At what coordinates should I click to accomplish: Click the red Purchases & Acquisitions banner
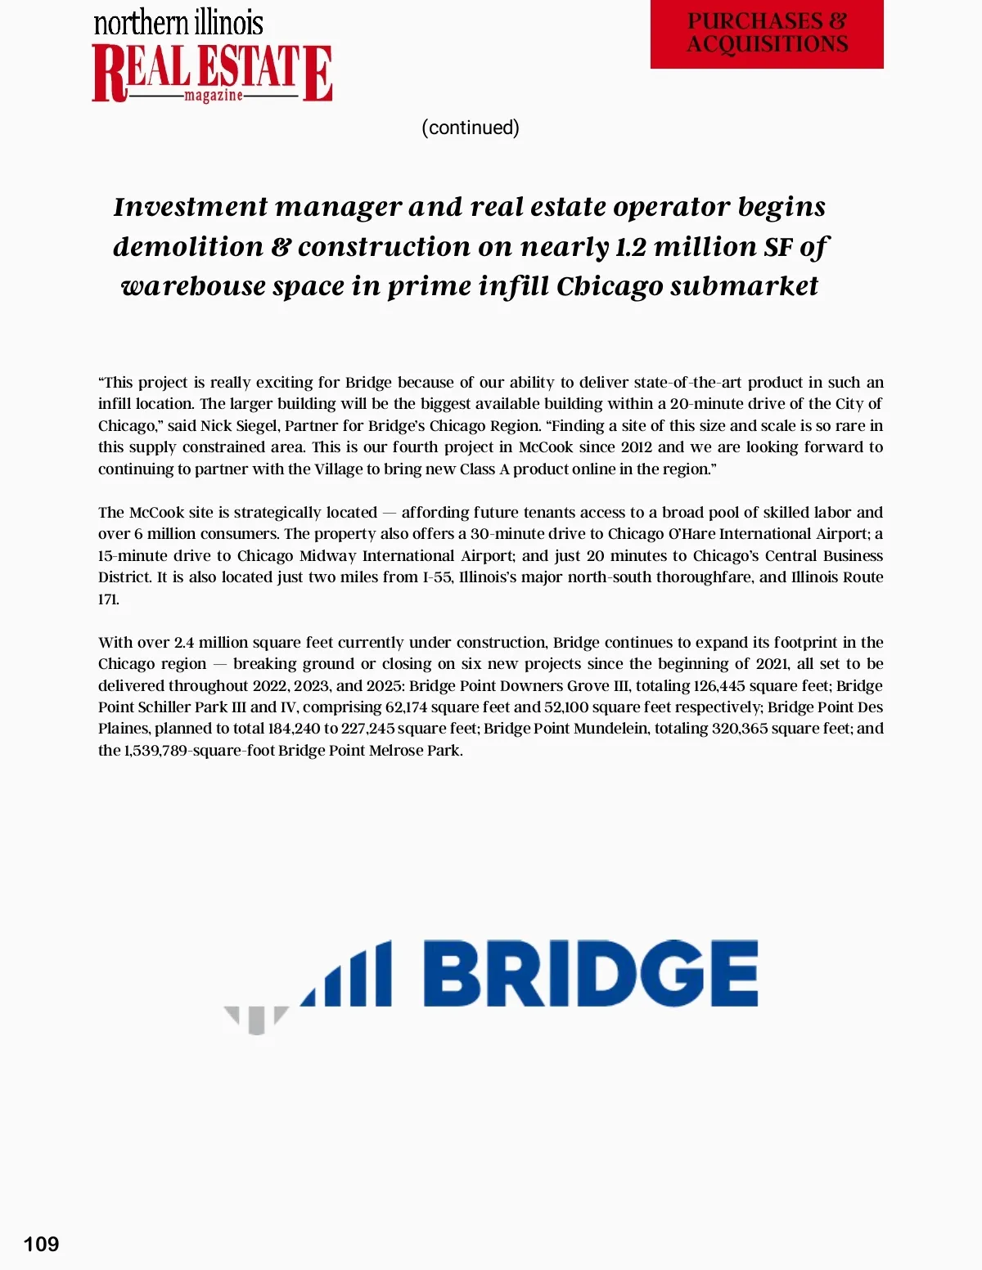(767, 34)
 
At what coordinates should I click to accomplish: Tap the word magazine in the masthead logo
(214, 96)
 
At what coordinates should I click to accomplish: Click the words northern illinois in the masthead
(178, 23)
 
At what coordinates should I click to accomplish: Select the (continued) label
(471, 128)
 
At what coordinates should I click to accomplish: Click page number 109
(41, 1244)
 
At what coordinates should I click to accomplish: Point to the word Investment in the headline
(191, 207)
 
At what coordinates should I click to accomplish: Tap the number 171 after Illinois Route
(108, 599)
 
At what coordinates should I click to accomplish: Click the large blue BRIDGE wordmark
(589, 973)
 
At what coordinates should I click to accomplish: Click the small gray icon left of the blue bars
(256, 1019)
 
